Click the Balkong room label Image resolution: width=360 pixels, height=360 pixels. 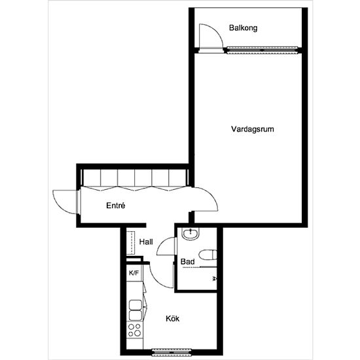[243, 28]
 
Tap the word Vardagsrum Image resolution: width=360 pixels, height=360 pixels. [252, 129]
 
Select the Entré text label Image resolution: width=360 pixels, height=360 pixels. [115, 206]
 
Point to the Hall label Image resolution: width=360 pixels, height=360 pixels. [146, 242]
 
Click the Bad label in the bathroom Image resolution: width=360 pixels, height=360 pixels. [187, 262]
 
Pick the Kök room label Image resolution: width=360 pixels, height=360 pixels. [173, 319]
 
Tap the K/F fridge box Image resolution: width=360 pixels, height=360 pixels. [134, 272]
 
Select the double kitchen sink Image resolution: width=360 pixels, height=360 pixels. [135, 308]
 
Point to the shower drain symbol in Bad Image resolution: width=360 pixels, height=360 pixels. [215, 278]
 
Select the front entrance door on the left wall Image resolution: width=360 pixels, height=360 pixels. [66, 200]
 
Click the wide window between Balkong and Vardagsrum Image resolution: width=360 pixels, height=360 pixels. [262, 49]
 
